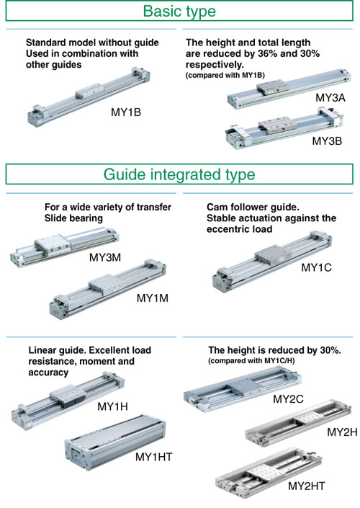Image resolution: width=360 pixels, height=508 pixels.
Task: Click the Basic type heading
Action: (179, 12)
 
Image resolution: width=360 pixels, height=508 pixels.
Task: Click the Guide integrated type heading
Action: (179, 174)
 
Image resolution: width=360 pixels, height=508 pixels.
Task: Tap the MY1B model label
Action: (126, 112)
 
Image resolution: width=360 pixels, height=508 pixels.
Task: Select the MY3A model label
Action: (330, 97)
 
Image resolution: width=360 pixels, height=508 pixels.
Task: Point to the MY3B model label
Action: (327, 141)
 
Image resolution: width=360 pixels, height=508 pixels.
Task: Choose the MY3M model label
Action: (105, 257)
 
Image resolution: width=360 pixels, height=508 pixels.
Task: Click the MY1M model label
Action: (153, 298)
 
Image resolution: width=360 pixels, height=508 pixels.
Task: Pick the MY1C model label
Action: (316, 267)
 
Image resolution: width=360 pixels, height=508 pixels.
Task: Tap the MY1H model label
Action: (112, 406)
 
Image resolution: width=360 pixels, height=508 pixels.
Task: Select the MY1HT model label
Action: (154, 457)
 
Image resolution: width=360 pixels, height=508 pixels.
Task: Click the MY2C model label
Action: (288, 398)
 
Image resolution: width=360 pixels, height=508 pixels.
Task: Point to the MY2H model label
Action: (342, 432)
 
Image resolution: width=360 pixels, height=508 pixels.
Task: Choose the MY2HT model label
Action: (306, 486)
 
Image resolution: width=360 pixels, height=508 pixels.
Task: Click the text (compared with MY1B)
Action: (225, 75)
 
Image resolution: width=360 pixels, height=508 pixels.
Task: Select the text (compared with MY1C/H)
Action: (251, 360)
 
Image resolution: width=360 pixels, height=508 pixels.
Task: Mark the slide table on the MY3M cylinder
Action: (53, 245)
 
